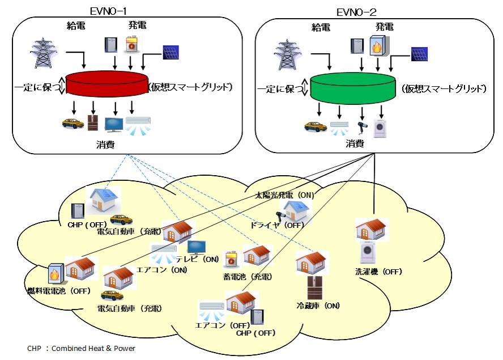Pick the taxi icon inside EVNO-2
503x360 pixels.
point(315,126)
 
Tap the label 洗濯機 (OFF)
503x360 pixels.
point(379,272)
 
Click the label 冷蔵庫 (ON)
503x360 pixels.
point(318,306)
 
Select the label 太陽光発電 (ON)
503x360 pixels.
point(284,195)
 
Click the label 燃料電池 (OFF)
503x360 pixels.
point(59,291)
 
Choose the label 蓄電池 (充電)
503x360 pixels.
point(248,277)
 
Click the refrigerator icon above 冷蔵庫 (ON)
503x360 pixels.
point(314,288)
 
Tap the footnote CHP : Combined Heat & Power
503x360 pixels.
point(81,348)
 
